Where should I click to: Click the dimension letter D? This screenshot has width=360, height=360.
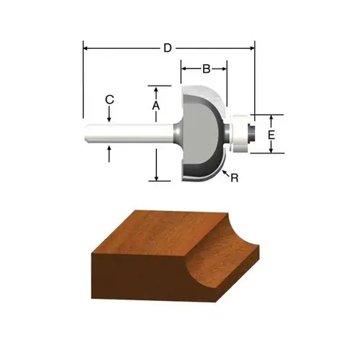point(168,48)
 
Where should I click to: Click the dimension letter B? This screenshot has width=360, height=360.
point(207,69)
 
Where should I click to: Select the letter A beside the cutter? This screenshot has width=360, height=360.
point(156,106)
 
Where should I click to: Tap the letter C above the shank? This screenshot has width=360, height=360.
point(109,99)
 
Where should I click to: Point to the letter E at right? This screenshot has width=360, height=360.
point(271,135)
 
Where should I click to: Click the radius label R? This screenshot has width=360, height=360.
point(235,178)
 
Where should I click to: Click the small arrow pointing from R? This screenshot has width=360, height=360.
point(225,173)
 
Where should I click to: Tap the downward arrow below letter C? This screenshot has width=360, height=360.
point(109,114)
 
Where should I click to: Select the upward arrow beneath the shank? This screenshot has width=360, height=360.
point(109,154)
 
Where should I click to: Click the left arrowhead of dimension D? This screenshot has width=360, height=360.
point(85,48)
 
